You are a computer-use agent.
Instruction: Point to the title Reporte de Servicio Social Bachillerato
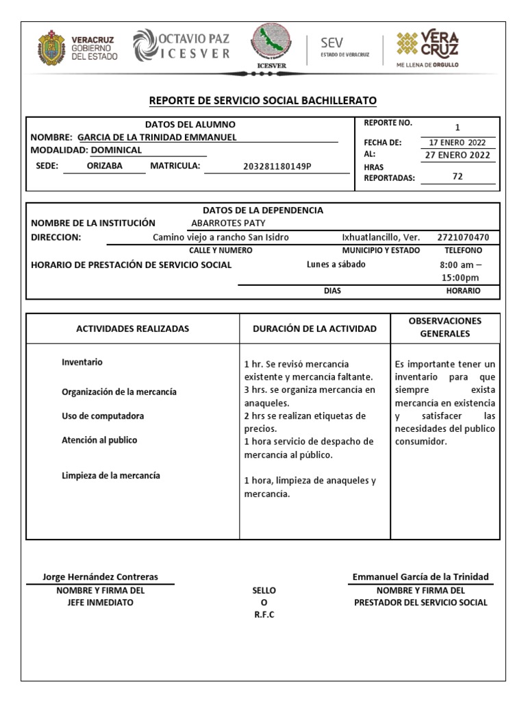[x=263, y=101]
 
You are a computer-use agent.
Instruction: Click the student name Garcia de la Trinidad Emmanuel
[x=157, y=137]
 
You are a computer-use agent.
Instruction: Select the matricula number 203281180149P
[x=277, y=167]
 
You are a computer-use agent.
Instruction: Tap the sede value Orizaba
[x=105, y=166]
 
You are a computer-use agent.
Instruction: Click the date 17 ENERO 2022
[x=457, y=143]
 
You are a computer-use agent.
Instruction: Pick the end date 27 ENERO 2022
[x=458, y=155]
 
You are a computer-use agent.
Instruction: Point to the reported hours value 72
[x=458, y=176]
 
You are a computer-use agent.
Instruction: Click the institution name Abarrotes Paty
[x=228, y=223]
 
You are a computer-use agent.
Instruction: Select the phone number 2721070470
[x=463, y=237]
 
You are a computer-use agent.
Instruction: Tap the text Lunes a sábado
[x=336, y=265]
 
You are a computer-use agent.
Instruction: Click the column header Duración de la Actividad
[x=314, y=328]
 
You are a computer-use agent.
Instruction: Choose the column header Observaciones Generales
[x=445, y=327]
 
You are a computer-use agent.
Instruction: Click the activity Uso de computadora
[x=103, y=416]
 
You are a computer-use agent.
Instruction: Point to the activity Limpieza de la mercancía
[x=111, y=475]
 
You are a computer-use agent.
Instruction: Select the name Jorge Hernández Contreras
[x=100, y=577]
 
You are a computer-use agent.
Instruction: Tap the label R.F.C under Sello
[x=264, y=614]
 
